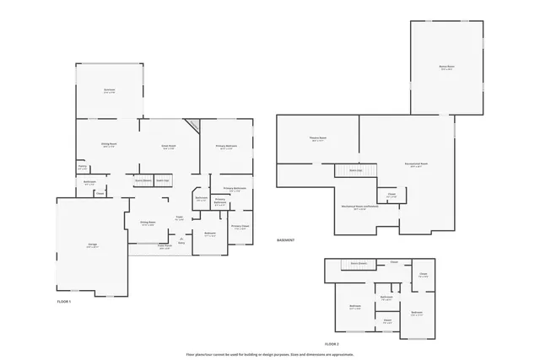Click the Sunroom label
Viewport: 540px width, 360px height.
pyautogui.click(x=109, y=90)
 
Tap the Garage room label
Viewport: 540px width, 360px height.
pyautogui.click(x=92, y=246)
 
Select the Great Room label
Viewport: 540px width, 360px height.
pyautogui.click(x=169, y=147)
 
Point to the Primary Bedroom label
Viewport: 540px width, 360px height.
pyautogui.click(x=225, y=147)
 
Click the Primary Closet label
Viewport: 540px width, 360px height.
pyautogui.click(x=240, y=227)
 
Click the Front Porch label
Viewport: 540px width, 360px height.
pyautogui.click(x=165, y=247)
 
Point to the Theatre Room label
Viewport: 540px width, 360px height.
pyautogui.click(x=317, y=139)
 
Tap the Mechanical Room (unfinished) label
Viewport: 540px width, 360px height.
pyautogui.click(x=354, y=207)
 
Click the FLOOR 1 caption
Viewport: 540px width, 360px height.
pyautogui.click(x=64, y=301)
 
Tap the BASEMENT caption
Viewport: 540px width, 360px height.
pyautogui.click(x=286, y=240)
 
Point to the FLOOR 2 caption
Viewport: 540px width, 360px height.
pyautogui.click(x=332, y=344)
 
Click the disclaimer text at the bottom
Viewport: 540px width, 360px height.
pyautogui.click(x=270, y=354)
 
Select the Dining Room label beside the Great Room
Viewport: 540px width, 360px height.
pyautogui.click(x=109, y=144)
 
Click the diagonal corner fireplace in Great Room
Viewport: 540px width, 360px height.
pyautogui.click(x=193, y=126)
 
